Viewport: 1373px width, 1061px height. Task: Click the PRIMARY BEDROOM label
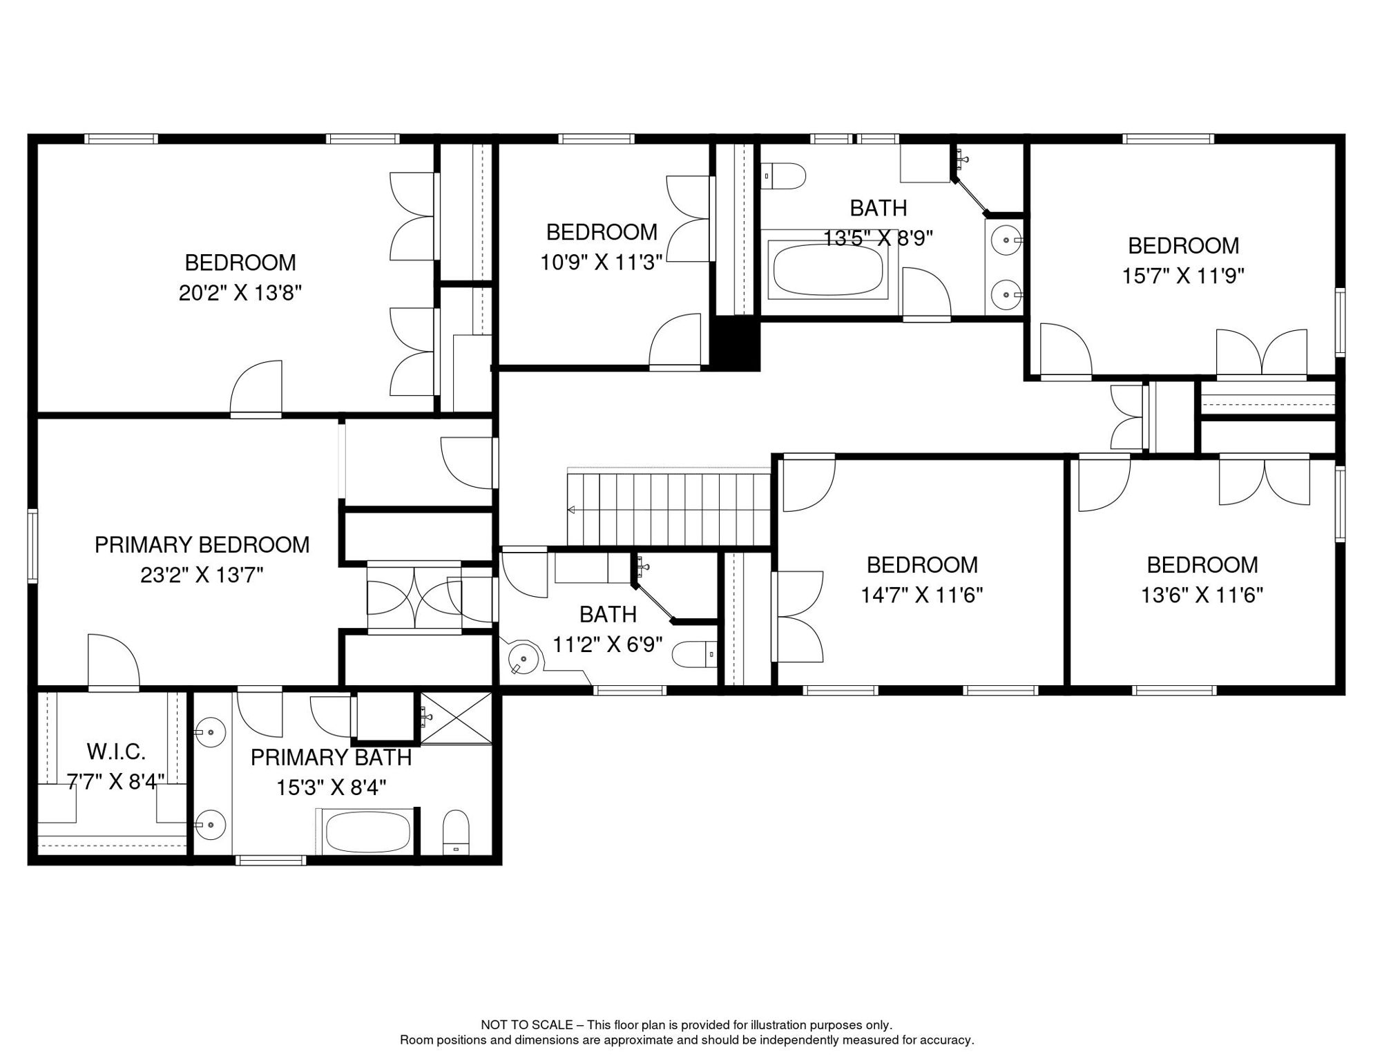[x=202, y=545]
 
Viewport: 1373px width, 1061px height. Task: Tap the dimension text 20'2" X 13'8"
[x=240, y=293]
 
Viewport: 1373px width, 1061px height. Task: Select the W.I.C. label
[x=116, y=752]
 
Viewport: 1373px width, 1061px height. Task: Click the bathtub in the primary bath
[x=367, y=832]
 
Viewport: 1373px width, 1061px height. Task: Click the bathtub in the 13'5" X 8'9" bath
[x=827, y=269]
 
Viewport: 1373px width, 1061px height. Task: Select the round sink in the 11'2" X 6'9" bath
[x=522, y=658]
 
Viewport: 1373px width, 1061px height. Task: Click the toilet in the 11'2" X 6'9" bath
[x=694, y=654]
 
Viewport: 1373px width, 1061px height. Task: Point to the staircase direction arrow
[x=572, y=510]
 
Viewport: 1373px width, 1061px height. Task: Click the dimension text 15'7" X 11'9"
[x=1182, y=276]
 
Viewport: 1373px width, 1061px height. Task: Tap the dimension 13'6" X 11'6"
[x=1201, y=595]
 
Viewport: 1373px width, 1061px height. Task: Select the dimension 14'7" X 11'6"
[x=921, y=595]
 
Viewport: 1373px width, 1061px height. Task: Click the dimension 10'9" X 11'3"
[x=601, y=262]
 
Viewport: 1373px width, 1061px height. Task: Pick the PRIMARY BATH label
[x=331, y=758]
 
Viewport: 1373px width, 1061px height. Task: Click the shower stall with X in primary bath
[x=456, y=719]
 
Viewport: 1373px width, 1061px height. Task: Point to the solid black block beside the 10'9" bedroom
[x=737, y=344]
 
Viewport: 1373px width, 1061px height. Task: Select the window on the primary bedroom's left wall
[x=32, y=546]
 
